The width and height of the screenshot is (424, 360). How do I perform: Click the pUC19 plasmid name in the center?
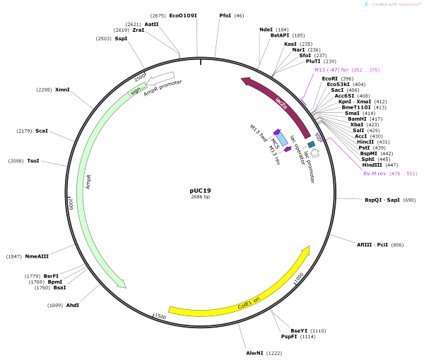click(x=201, y=190)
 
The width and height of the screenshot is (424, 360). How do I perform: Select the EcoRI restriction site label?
click(x=330, y=78)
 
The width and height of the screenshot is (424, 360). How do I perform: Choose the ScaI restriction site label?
click(x=42, y=131)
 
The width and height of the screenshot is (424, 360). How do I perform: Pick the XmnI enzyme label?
click(x=63, y=90)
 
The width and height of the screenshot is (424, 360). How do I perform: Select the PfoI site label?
click(x=225, y=15)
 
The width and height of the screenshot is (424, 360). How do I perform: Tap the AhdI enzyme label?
click(x=74, y=306)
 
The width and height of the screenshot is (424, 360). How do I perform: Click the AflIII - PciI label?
click(x=371, y=244)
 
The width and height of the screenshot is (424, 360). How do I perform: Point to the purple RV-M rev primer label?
click(x=379, y=173)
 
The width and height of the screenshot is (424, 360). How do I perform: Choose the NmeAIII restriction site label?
click(x=40, y=256)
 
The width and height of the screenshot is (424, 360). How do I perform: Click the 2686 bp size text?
click(x=201, y=198)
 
